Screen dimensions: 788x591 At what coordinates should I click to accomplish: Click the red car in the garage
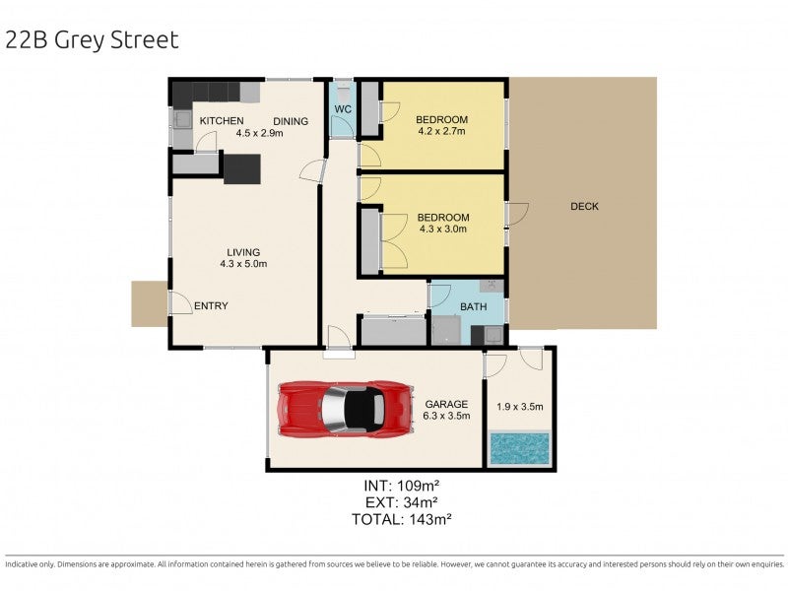coord(346,408)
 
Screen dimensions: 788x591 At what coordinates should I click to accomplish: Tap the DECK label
coord(584,206)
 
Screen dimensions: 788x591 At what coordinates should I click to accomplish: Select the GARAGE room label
coord(446,404)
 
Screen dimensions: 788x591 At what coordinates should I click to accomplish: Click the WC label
coord(343,109)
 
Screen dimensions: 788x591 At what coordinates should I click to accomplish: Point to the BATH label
coord(474,306)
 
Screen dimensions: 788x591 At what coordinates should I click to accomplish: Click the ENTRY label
coord(211,305)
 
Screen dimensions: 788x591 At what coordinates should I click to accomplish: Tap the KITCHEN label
coord(222,120)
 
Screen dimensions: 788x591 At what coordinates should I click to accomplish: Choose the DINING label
coord(291,121)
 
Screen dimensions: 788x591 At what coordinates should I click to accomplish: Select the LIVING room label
coord(243,252)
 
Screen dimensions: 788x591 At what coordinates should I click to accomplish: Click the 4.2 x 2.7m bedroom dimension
coord(441,131)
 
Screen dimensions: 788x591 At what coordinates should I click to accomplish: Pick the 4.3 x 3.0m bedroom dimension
coord(443,229)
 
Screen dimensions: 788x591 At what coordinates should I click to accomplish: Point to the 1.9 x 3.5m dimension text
coord(520,407)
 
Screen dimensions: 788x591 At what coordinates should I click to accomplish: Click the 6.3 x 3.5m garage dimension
coord(446,416)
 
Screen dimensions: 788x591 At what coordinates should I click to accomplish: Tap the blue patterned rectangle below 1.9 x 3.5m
coord(520,448)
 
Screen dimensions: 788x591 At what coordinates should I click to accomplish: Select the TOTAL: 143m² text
coord(402,519)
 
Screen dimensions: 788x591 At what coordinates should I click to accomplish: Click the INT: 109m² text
coord(402,486)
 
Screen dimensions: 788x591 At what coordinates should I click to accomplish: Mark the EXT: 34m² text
coord(402,502)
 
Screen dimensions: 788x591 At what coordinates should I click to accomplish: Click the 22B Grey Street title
coord(92,40)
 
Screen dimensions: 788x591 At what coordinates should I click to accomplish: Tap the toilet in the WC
coord(344,92)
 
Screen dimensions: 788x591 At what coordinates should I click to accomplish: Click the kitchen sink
coord(181,118)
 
